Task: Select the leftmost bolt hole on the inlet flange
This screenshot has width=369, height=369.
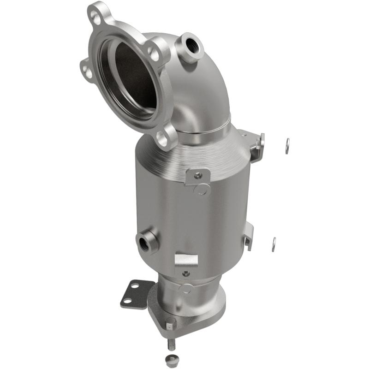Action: point(85,70)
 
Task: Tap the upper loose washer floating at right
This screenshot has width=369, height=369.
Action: point(287,146)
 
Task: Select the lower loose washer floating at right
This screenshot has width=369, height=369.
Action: point(274,244)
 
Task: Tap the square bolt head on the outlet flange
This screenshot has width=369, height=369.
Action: point(170,324)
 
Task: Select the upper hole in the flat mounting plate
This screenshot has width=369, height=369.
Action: point(135,286)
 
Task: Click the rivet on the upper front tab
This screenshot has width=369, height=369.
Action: point(198,175)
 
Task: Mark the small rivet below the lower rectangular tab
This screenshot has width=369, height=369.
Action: point(186,274)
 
